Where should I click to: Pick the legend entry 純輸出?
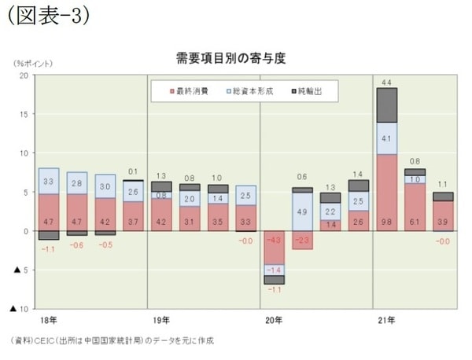pyautogui.click(x=314, y=91)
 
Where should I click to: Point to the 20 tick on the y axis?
pyautogui.click(x=23, y=75)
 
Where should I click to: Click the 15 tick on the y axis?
pyautogui.click(x=23, y=115)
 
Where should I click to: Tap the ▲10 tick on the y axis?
pyautogui.click(x=19, y=309)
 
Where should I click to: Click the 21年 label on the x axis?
pyautogui.click(x=385, y=321)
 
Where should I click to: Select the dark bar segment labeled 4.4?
pyautogui.click(x=386, y=105)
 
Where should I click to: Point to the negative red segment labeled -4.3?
pyautogui.click(x=274, y=248)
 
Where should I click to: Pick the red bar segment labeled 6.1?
pyautogui.click(x=415, y=208)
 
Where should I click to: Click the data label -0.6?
pyautogui.click(x=76, y=244)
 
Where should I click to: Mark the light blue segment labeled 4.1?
pyautogui.click(x=386, y=138)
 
